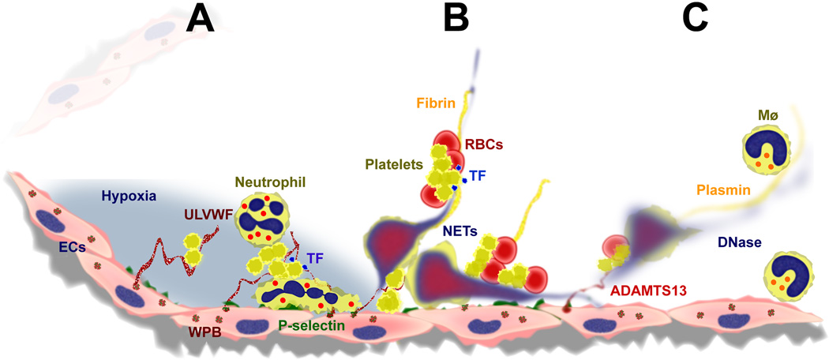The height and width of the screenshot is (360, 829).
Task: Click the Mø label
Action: click(x=762, y=116)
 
